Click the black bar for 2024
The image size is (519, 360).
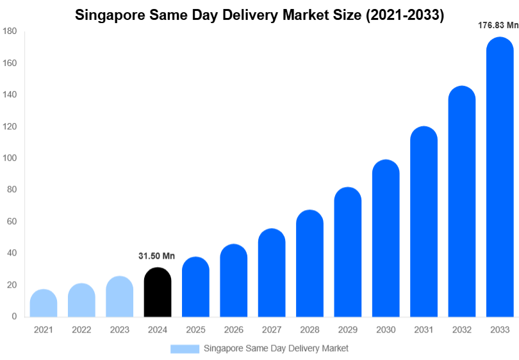[158, 293]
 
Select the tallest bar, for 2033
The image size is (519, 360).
[500, 179]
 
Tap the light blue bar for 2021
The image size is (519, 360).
[44, 304]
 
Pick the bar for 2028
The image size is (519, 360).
[309, 264]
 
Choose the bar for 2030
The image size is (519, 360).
[386, 239]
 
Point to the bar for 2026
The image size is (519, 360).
[234, 281]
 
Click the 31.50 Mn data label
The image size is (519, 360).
[156, 256]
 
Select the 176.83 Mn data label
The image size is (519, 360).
[498, 26]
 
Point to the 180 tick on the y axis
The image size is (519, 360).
[10, 31]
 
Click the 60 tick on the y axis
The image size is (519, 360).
[12, 222]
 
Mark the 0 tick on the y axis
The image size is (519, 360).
[14, 316]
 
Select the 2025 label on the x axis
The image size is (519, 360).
[195, 330]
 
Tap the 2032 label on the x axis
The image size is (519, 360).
[461, 330]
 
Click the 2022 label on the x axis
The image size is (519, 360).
[81, 330]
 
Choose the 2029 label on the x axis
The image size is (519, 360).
[347, 330]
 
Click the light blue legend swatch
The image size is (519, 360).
[185, 348]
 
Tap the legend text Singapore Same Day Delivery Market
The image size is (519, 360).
[276, 348]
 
